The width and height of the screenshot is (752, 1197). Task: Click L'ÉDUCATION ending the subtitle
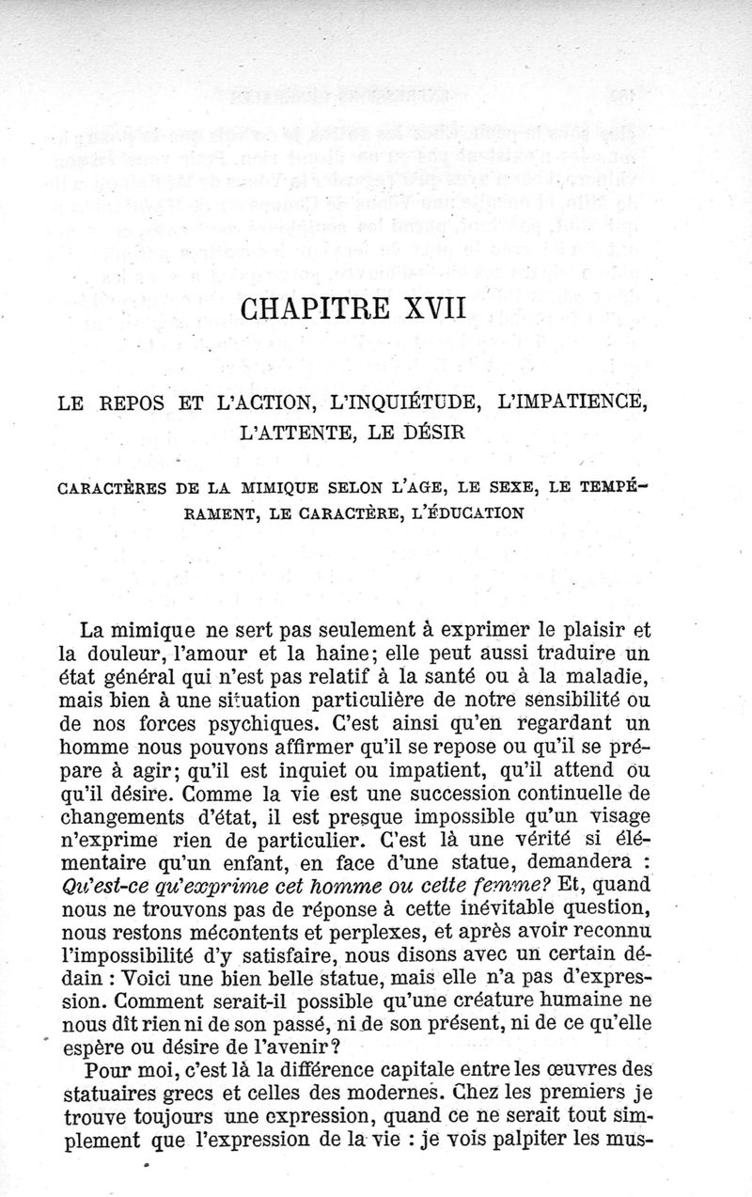(x=461, y=513)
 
